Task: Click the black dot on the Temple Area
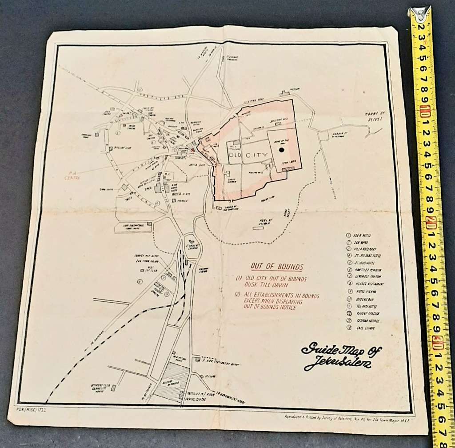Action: tap(281, 151)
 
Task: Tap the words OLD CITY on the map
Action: tap(248, 155)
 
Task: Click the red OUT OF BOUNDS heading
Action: tap(277, 266)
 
